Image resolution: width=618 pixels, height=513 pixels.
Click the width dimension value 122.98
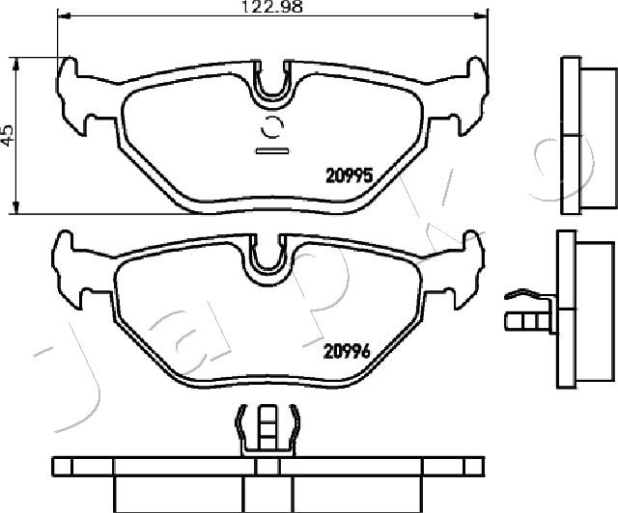[271, 7]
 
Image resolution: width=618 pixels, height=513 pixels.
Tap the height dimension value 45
[8, 136]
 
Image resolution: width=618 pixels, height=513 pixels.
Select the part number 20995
[350, 176]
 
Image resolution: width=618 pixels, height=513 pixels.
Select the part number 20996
[347, 351]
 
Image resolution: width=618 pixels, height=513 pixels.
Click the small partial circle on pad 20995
[272, 127]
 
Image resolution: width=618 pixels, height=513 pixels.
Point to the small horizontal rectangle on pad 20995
[272, 150]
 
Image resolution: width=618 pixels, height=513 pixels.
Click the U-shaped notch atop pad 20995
[272, 85]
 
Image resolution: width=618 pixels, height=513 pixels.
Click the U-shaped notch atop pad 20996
[267, 258]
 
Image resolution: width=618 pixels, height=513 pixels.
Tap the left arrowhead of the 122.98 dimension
[64, 15]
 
